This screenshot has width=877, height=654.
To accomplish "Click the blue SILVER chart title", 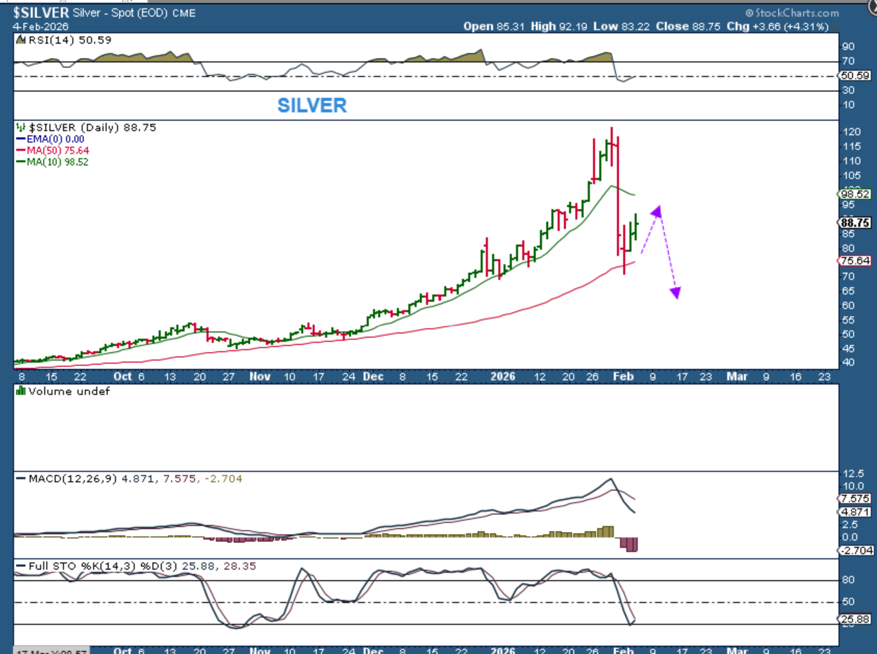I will pos(312,106).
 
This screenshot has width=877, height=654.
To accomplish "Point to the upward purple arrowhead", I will pos(656,211).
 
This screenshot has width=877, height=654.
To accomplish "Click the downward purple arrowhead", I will pos(675,293).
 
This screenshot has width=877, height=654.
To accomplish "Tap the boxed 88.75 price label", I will pos(855,223).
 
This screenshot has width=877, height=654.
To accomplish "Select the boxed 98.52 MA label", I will pos(855,194).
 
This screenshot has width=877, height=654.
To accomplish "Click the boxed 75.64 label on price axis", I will pos(855,261).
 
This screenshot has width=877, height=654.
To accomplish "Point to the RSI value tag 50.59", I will pos(855,75).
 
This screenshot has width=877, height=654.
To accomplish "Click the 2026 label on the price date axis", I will pos(502,376).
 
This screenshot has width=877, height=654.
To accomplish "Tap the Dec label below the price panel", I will pos(373,376).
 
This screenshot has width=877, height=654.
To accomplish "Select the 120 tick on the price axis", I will pos(852,132).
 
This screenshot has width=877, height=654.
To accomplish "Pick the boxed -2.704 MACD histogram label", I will pos(856,550).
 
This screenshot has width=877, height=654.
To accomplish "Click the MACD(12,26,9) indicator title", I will pos(73,479).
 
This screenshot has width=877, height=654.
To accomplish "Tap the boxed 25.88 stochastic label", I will pos(855,619).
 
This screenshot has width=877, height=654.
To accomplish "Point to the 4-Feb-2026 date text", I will pos(41,27).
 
